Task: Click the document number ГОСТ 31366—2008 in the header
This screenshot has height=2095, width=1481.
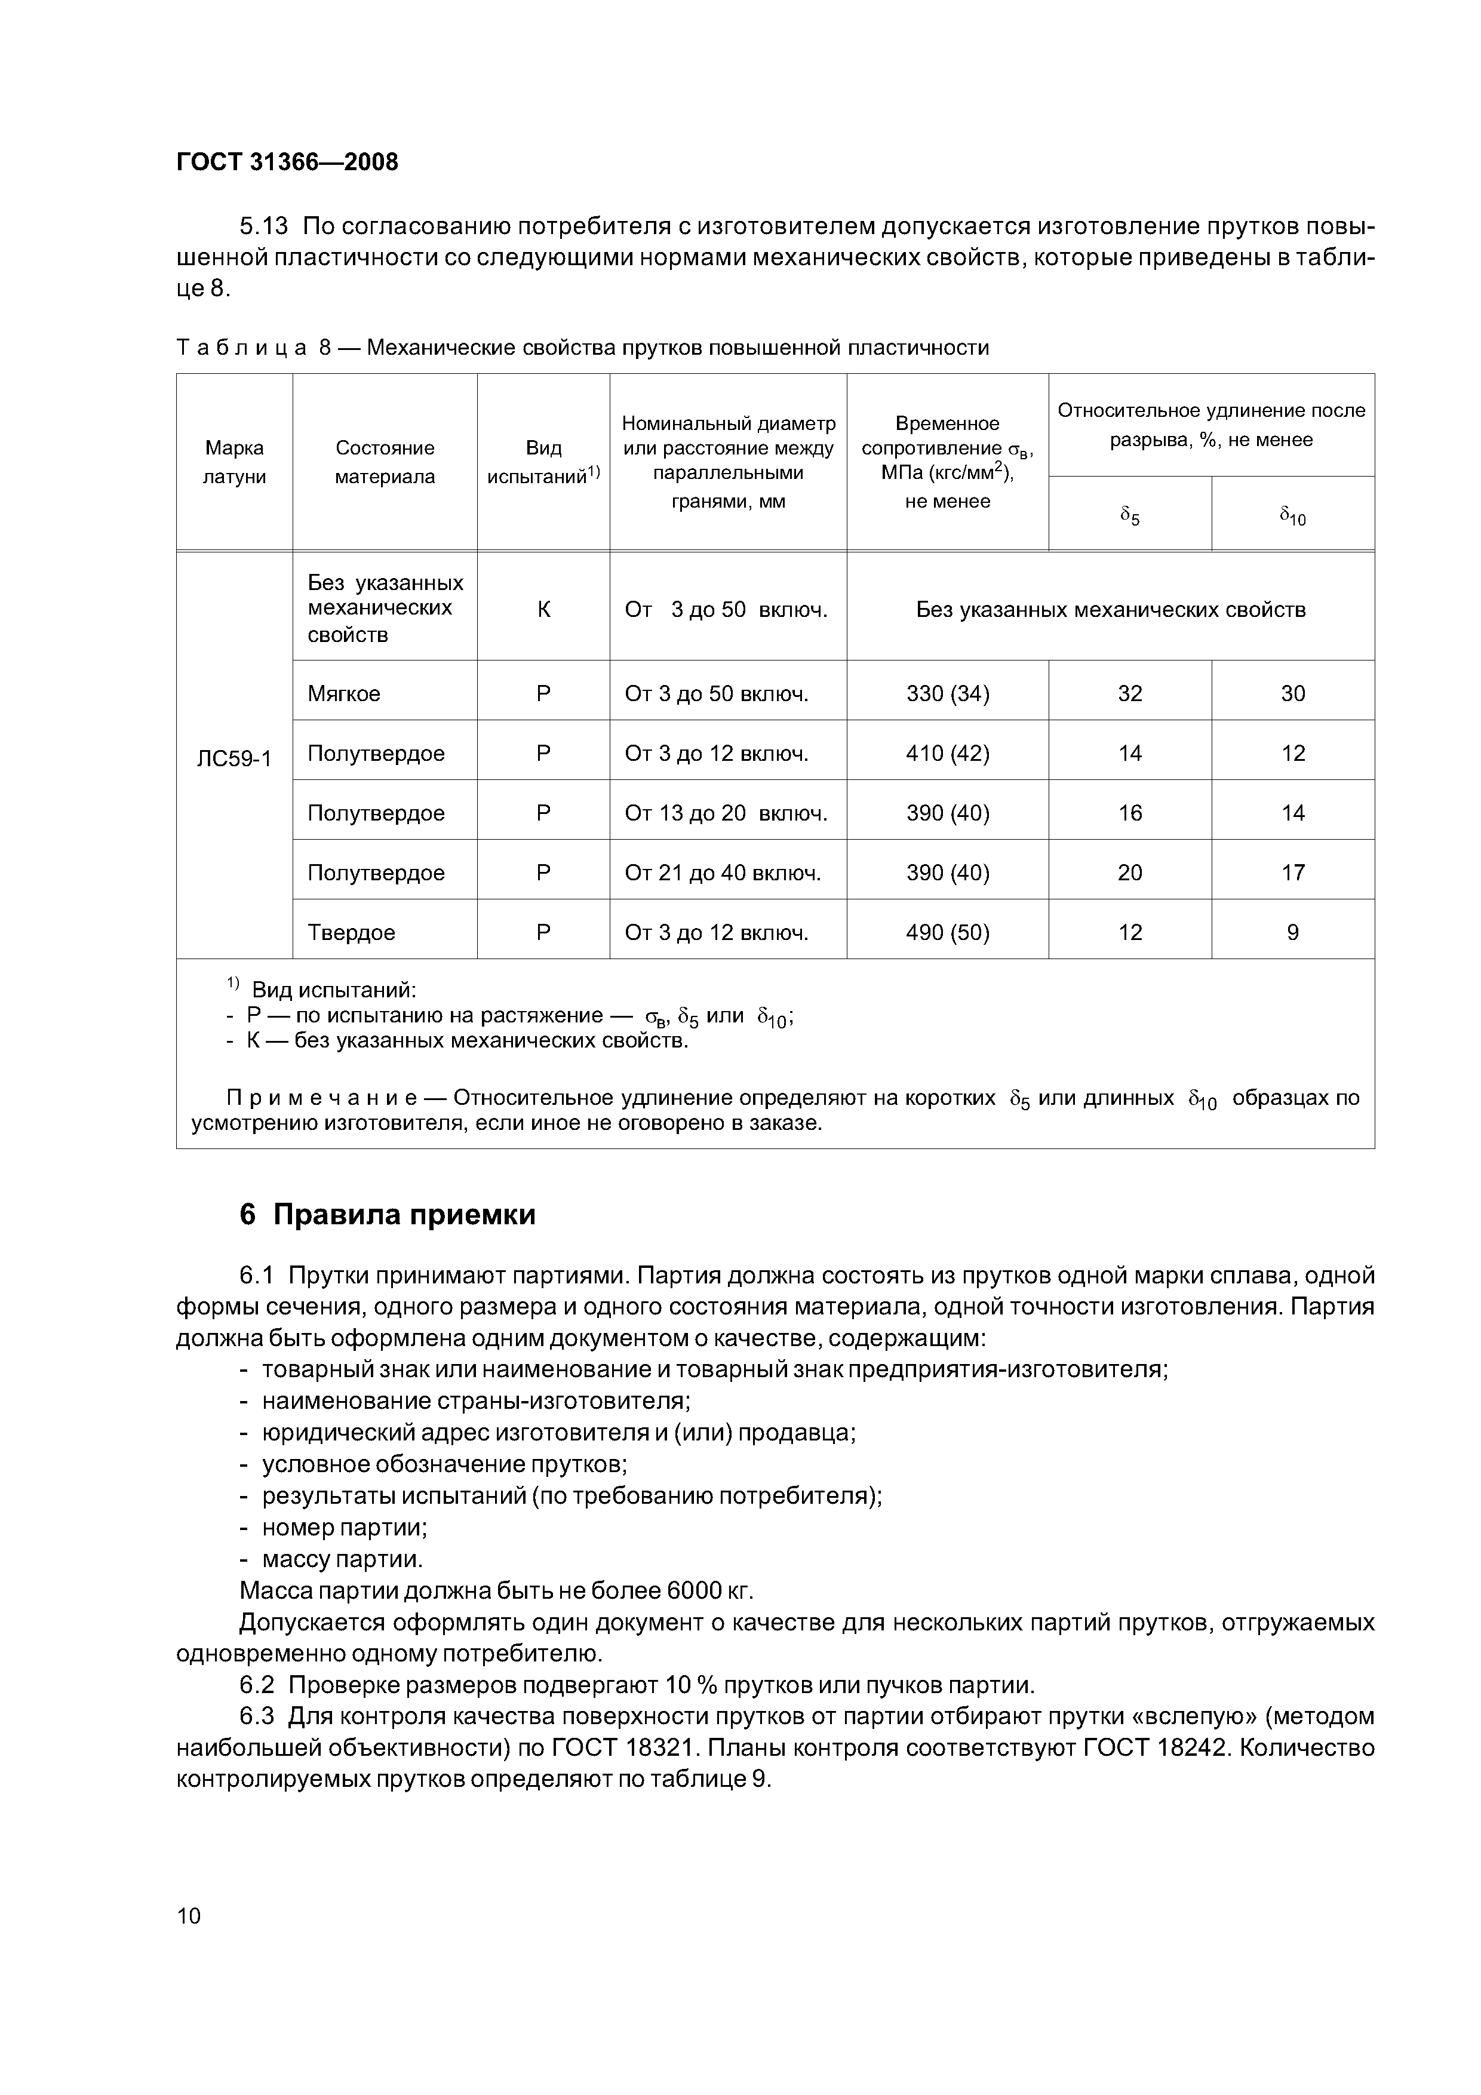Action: (x=287, y=162)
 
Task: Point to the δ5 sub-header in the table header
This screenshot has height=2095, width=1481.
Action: (x=1130, y=517)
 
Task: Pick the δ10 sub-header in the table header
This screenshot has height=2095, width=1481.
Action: (x=1292, y=517)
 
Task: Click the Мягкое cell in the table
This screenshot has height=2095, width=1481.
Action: (x=344, y=693)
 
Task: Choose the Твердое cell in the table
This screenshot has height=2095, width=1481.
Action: (x=351, y=932)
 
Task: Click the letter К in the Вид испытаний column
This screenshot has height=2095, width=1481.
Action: (x=544, y=610)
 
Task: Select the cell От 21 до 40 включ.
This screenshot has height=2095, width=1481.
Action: (x=723, y=873)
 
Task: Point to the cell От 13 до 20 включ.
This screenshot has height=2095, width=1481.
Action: (x=726, y=813)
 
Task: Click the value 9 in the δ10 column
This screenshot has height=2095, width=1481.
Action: (x=1292, y=932)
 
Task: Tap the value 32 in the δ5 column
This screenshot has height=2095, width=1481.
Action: (x=1130, y=693)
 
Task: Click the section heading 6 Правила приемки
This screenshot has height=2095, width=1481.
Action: (x=388, y=1215)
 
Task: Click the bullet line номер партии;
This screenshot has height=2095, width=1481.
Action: (x=345, y=1528)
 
